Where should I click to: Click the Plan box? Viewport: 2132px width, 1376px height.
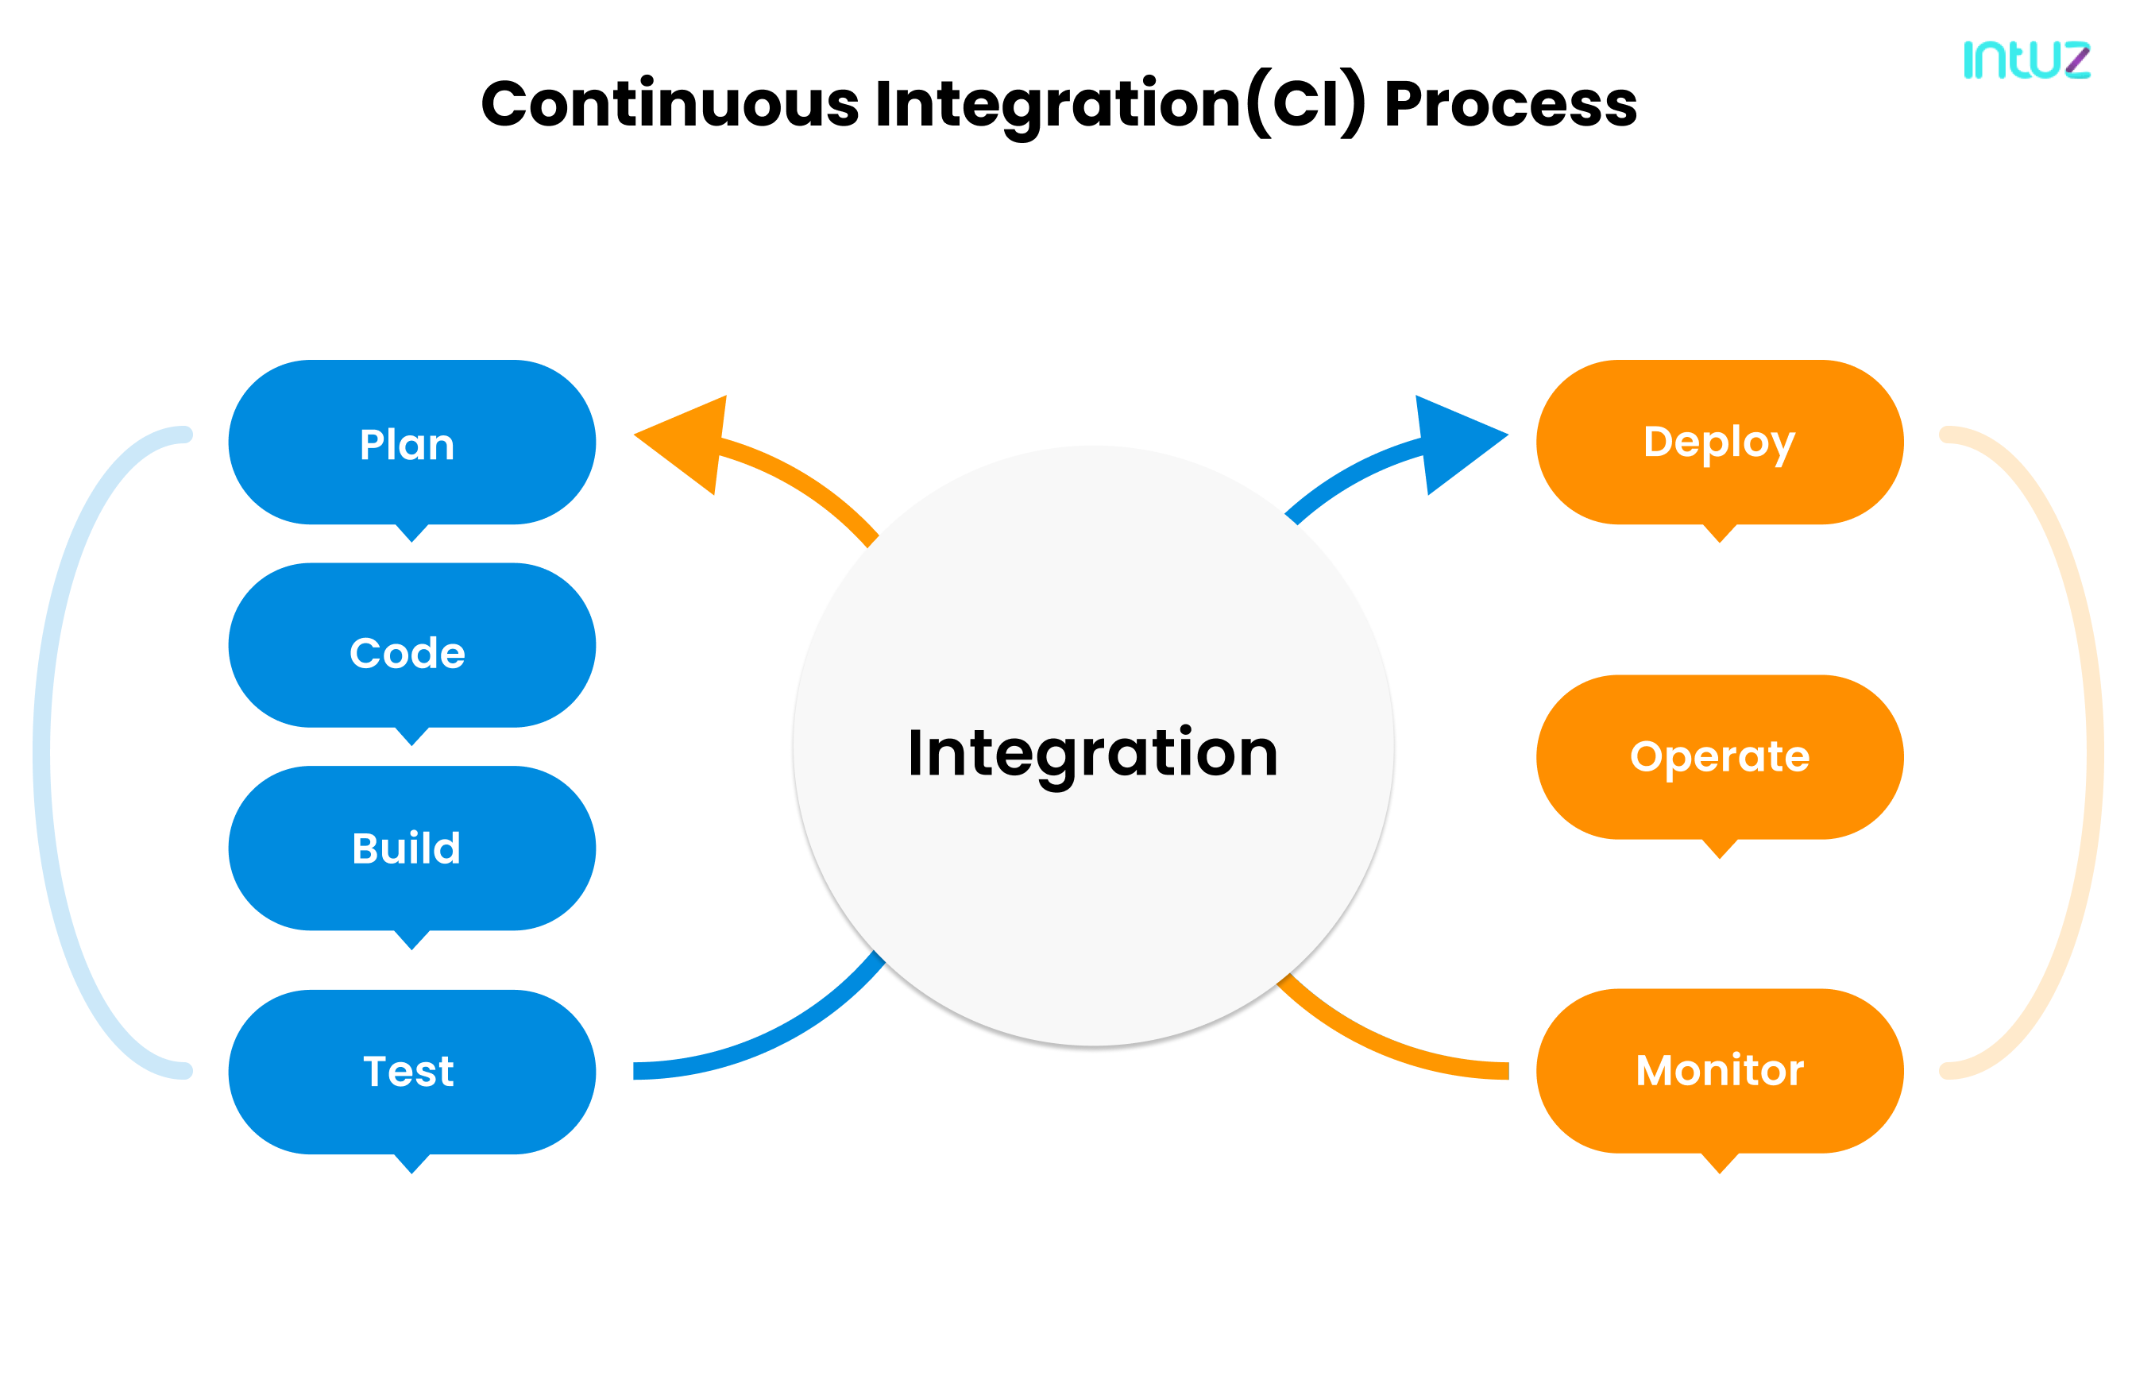[x=411, y=443]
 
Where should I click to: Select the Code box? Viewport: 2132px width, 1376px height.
[x=411, y=645]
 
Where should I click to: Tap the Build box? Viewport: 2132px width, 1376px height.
[x=411, y=848]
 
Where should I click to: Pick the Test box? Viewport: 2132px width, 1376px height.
[x=411, y=1071]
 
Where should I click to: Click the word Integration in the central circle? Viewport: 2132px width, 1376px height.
[x=1092, y=753]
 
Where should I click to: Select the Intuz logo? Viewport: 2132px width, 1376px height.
[x=2025, y=60]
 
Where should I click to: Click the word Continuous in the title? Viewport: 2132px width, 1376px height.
[x=670, y=105]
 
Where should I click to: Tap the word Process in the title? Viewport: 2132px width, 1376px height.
[x=1509, y=105]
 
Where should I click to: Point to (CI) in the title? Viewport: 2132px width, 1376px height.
[x=1306, y=105]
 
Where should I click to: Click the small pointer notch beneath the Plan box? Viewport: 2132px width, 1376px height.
[x=411, y=532]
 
